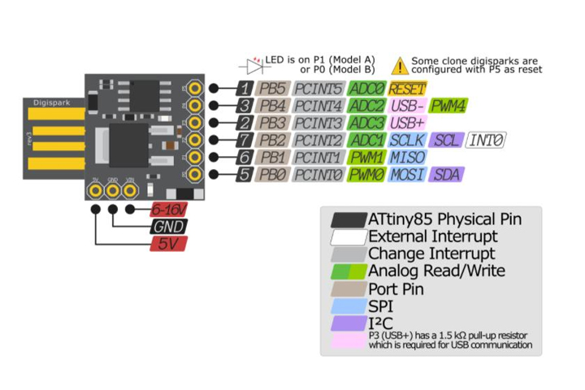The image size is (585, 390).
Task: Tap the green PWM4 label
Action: pos(448,106)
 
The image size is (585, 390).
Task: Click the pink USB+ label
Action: pos(407,123)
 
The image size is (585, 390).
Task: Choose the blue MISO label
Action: pos(407,158)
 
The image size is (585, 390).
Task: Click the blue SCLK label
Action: pos(407,141)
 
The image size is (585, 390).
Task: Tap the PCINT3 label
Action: pos(319,123)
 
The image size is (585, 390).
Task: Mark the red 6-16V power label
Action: pos(167,210)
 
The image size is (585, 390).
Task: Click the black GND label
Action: pos(167,227)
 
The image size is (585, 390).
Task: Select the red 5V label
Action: pos(167,244)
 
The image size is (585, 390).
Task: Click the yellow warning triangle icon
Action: pos(400,66)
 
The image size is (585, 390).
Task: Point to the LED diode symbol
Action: pos(253,65)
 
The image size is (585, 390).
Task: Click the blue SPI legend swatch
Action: pos(349,305)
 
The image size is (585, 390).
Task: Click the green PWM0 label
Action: pos(366,175)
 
